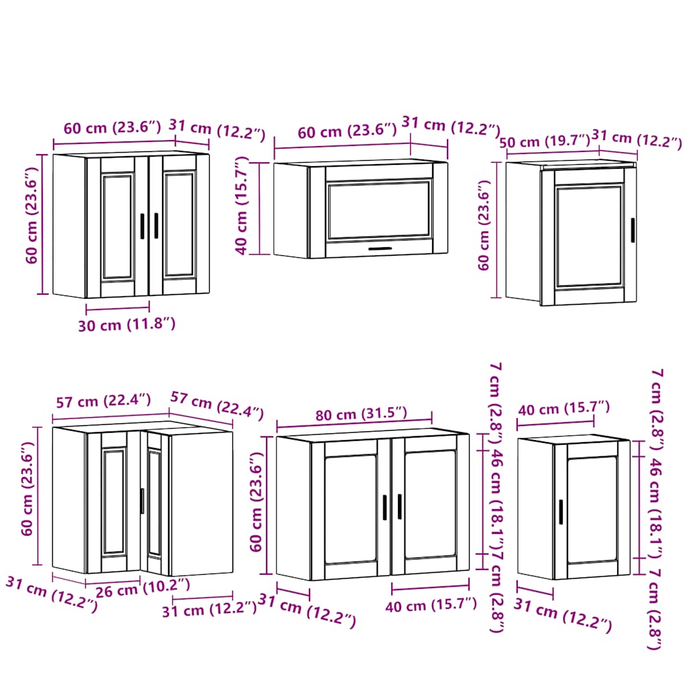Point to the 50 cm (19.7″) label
pos(543,141)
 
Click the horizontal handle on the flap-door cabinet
pos(381,249)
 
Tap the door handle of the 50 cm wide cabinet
pos(632,229)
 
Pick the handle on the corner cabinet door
pos(142,501)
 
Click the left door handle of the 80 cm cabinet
pos(385,506)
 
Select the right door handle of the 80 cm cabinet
pos(399,506)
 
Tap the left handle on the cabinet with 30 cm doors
pos(143,225)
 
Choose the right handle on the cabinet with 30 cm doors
pos(156,225)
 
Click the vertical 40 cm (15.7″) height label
pos(242,206)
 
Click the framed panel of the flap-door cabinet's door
pos(379,208)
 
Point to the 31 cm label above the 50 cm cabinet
pos(637,139)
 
